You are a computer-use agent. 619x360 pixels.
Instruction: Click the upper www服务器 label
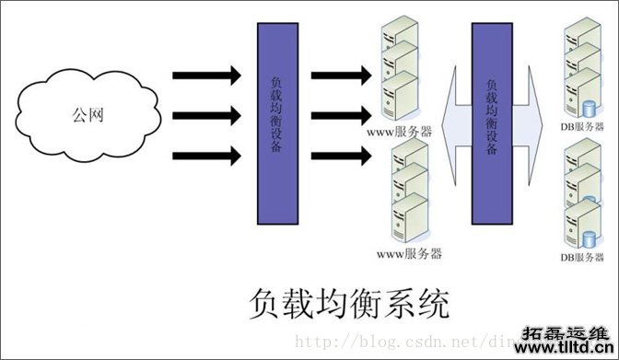point(401,133)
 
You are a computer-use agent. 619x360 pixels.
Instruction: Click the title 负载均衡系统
point(349,303)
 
